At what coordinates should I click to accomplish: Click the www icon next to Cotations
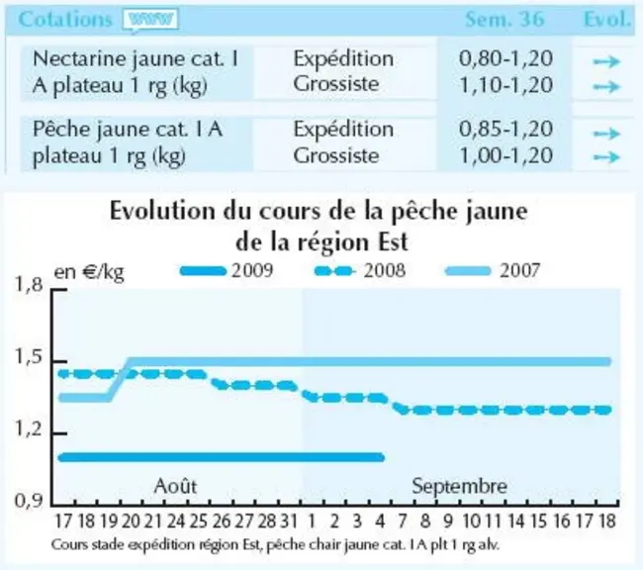click(x=151, y=20)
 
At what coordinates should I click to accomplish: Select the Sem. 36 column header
click(x=505, y=19)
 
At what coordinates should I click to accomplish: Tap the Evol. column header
click(x=607, y=19)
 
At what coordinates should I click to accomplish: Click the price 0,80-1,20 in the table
click(x=505, y=58)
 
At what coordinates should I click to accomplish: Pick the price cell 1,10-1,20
click(x=505, y=85)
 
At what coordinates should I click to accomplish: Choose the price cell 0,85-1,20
click(x=505, y=130)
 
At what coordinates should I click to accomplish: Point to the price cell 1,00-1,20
click(x=505, y=155)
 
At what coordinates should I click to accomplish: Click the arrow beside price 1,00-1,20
click(x=606, y=156)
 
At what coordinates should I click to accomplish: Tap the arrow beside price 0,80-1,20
click(x=606, y=61)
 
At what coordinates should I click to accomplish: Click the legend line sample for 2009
click(x=204, y=271)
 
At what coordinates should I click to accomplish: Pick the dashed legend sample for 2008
click(x=334, y=271)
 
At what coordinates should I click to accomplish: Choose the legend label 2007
click(x=519, y=271)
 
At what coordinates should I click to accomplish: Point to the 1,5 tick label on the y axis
click(x=29, y=357)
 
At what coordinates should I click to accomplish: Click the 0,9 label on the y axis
click(x=29, y=501)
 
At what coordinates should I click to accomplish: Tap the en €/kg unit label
click(x=89, y=272)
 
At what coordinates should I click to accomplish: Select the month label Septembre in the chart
click(x=459, y=487)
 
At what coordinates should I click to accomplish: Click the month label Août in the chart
click(x=175, y=486)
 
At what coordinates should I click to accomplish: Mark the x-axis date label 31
click(x=289, y=522)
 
